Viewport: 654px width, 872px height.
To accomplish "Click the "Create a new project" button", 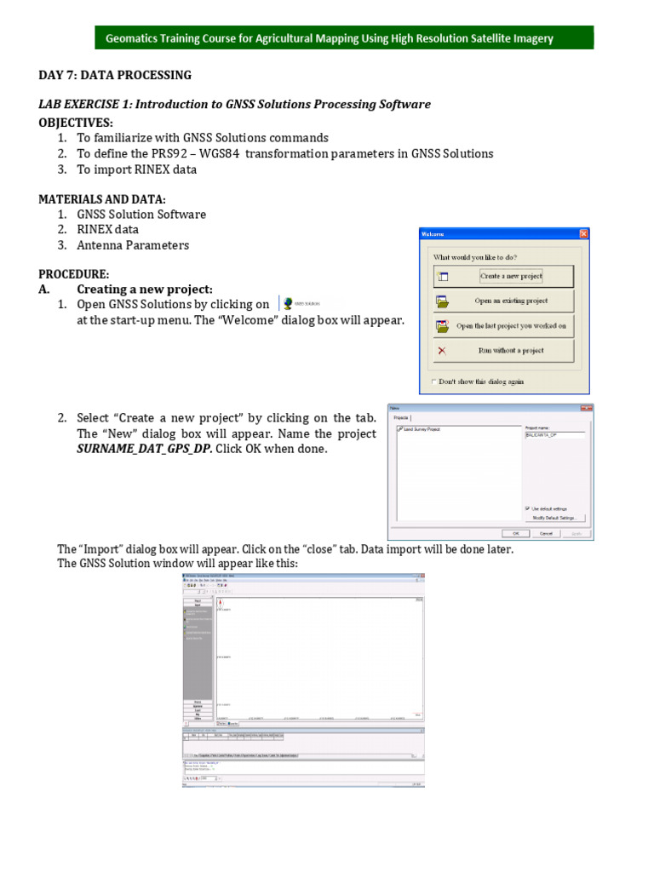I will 503,276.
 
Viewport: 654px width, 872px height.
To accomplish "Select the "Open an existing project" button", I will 503,301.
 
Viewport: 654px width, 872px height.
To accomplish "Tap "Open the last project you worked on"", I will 503,325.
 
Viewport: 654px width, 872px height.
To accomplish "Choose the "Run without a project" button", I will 503,350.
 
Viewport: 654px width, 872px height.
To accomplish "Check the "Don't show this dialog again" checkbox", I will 435,381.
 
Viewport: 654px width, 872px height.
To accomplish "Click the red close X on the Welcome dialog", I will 583,234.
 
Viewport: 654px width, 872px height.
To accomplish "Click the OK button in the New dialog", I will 515,533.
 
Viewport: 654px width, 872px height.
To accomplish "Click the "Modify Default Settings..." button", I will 555,518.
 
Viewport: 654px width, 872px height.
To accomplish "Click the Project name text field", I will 554,434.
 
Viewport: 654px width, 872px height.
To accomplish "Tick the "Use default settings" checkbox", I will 528,508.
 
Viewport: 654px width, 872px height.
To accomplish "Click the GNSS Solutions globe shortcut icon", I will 290,303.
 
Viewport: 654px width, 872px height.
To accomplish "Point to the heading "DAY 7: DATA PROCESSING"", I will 115,75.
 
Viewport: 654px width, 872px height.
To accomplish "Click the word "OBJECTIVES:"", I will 76,122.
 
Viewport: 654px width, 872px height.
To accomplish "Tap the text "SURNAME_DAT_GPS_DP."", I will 144,449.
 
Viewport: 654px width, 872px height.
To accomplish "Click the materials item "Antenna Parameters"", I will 133,245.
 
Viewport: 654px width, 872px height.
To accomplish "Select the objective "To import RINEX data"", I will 136,169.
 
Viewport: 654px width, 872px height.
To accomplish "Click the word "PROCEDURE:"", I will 74,273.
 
